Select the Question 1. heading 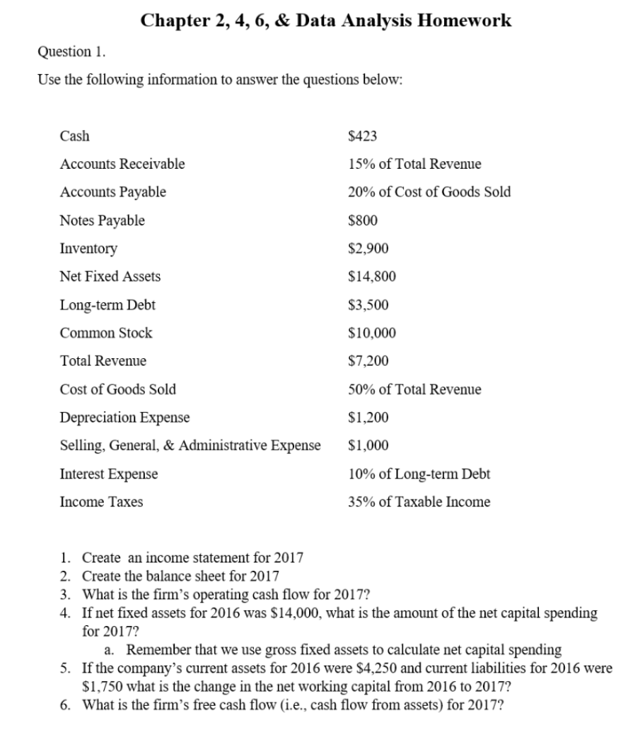click(x=64, y=52)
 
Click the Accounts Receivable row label click(x=122, y=164)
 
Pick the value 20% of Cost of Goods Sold click(x=429, y=192)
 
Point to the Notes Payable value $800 click(x=364, y=220)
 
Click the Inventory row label click(x=88, y=249)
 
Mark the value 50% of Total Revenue click(x=414, y=389)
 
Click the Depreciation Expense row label click(x=124, y=418)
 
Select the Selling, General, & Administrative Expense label click(x=190, y=446)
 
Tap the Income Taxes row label click(x=101, y=502)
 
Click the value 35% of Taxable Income click(x=419, y=502)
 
